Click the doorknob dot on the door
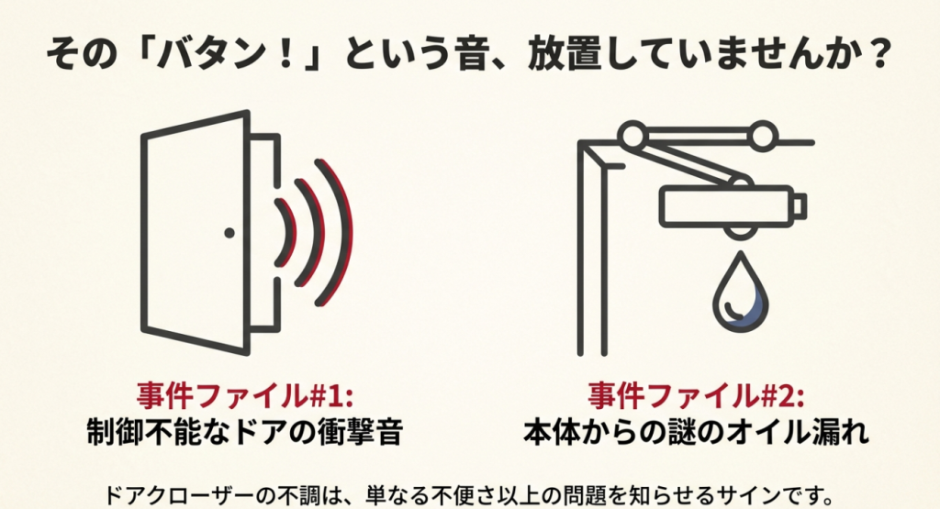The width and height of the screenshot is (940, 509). [x=229, y=234]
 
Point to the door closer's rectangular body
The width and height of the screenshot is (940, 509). [x=725, y=204]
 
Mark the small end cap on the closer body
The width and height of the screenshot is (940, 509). [x=800, y=203]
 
